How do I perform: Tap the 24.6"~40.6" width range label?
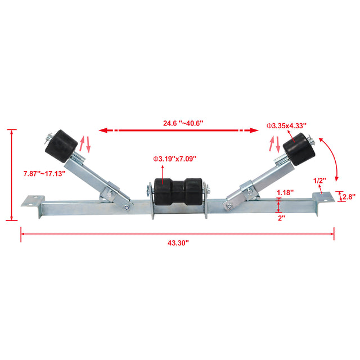[175, 123]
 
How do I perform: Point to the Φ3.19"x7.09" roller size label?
[174, 159]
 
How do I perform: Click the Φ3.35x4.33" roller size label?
[286, 126]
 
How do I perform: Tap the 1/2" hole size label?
[319, 180]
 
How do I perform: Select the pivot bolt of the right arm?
[229, 208]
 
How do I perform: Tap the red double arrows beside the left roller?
[84, 144]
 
